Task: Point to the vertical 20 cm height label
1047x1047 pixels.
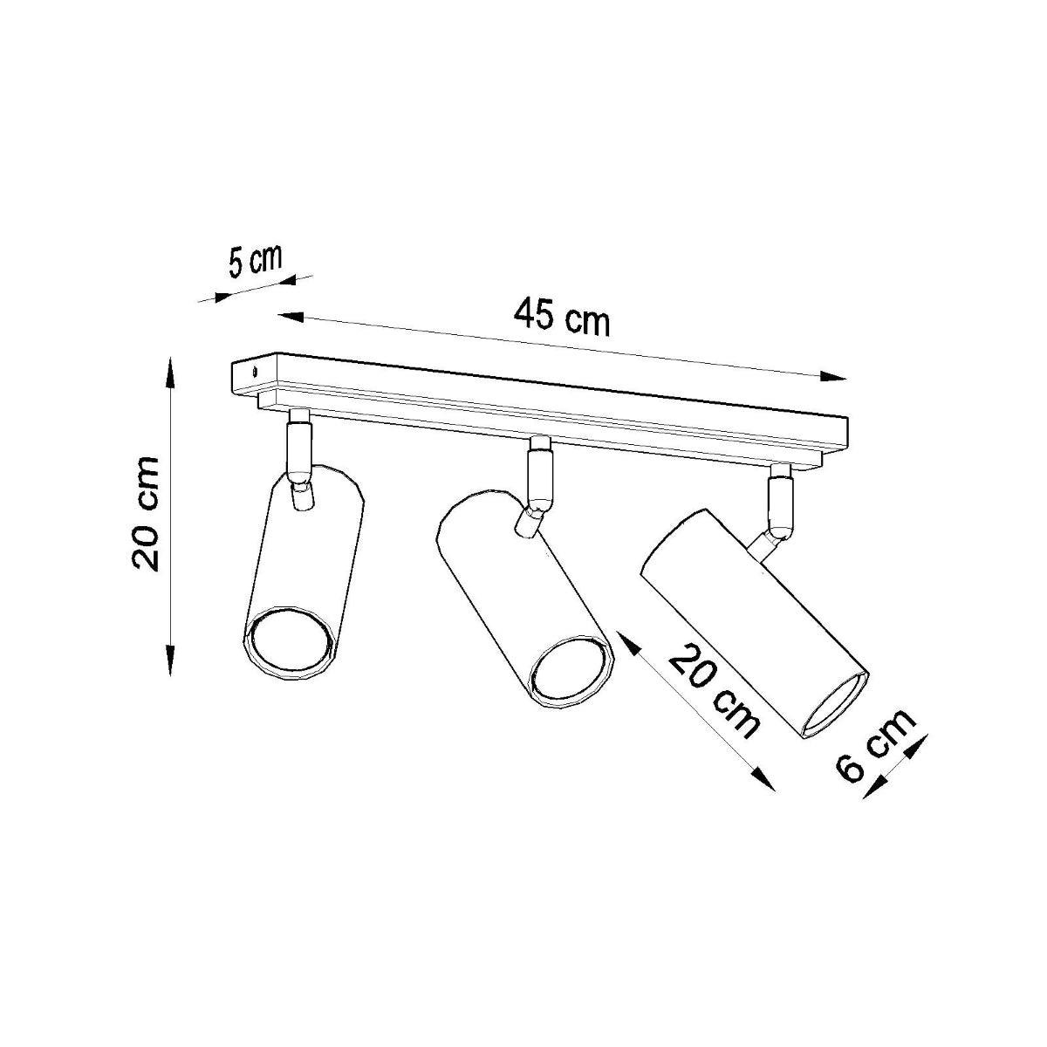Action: [145, 514]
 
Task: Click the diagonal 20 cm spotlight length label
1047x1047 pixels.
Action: [714, 691]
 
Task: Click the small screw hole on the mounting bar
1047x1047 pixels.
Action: [254, 371]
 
